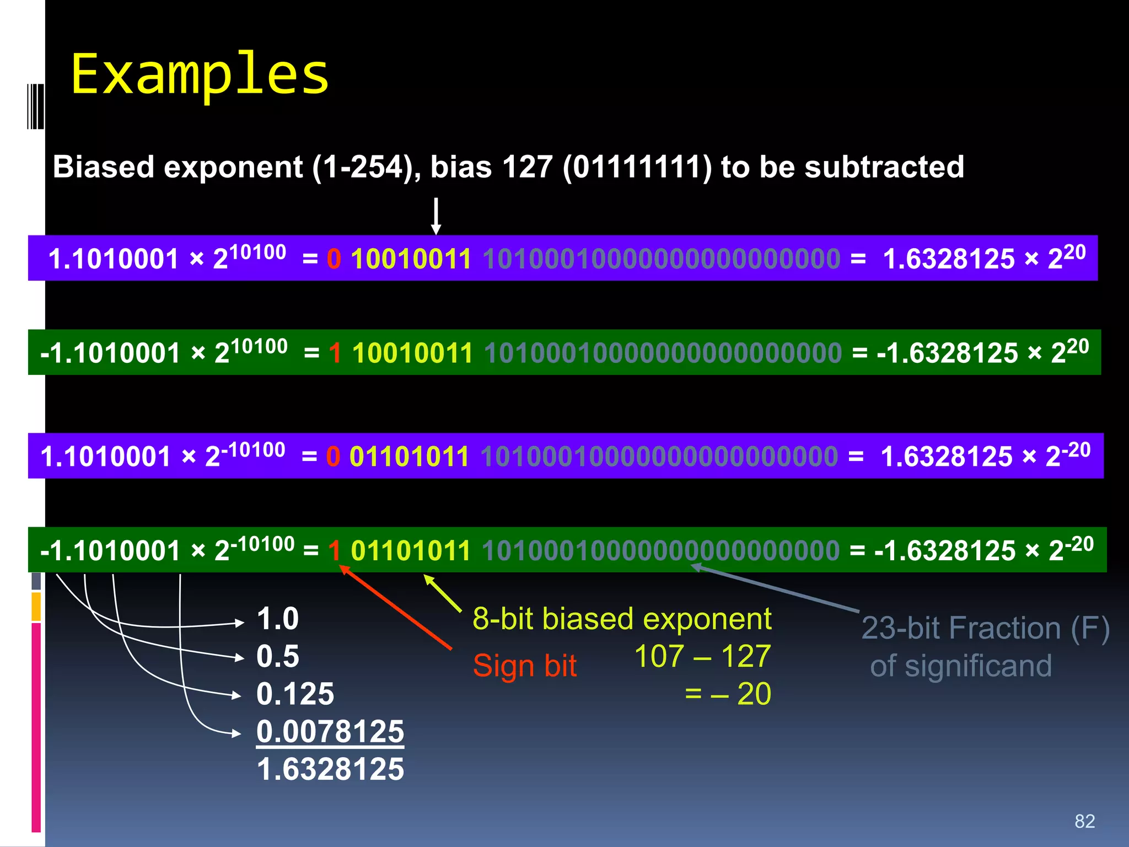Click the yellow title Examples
[200, 74]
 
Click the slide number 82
[1084, 821]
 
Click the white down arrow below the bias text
[436, 216]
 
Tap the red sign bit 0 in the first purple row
[334, 259]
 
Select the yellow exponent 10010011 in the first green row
[412, 353]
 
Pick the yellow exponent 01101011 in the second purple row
[409, 457]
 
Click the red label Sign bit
[524, 666]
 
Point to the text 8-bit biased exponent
[622, 619]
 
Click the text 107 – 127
[702, 656]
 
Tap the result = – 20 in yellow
[728, 694]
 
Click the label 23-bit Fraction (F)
[985, 628]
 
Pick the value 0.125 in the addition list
[295, 694]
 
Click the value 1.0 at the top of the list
[277, 619]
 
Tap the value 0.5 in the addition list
[277, 656]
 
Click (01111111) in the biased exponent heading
[637, 167]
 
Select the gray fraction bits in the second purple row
[659, 457]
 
